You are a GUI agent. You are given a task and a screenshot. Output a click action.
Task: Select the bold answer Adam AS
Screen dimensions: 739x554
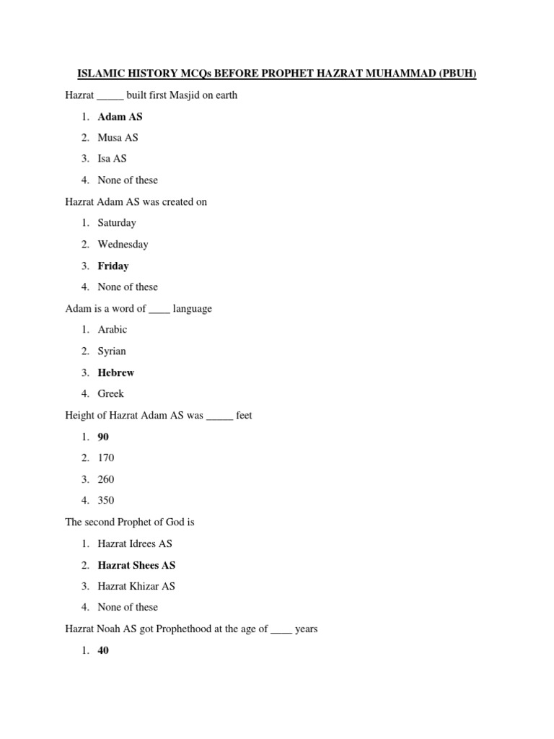(120, 116)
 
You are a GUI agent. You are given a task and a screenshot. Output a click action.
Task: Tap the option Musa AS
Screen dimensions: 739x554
(118, 137)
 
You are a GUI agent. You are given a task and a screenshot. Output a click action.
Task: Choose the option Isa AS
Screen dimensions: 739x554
(112, 159)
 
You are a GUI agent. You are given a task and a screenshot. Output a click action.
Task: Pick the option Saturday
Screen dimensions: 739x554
(117, 223)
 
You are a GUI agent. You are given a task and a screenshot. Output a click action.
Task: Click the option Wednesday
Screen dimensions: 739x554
(123, 244)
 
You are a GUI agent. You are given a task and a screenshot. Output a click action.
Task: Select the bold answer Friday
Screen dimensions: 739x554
(113, 266)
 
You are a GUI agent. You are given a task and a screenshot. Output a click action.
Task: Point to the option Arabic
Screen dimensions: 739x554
(113, 330)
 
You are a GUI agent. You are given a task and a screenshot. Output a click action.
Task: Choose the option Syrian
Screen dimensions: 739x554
(112, 351)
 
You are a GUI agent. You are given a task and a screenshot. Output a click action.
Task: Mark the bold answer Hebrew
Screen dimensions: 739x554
(116, 372)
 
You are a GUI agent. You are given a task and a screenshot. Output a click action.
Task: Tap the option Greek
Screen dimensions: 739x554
(111, 394)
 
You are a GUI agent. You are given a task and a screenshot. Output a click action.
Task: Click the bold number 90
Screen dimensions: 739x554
(103, 437)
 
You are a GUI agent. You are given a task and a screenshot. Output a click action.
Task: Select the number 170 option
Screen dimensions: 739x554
(106, 458)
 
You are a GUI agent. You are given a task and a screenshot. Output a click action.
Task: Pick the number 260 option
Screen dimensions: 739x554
(106, 479)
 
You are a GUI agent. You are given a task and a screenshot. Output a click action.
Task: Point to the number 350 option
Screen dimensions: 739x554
(106, 501)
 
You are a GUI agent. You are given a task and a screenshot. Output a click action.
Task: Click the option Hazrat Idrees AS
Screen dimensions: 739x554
(135, 543)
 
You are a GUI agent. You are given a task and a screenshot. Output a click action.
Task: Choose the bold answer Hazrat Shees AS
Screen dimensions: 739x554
(136, 565)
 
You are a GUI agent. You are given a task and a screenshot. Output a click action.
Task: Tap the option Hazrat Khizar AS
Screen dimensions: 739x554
(136, 586)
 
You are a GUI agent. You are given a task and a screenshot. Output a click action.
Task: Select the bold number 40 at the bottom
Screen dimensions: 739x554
(103, 650)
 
